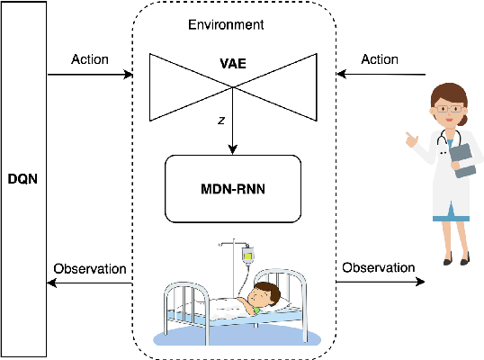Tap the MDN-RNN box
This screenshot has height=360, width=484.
233,189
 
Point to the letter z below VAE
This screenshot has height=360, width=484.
221,118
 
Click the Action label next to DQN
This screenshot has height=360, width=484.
89,59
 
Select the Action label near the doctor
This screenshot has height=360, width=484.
379,59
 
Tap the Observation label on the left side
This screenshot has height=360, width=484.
90,268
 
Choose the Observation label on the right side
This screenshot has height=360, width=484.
379,267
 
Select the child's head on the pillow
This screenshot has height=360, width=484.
264,294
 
